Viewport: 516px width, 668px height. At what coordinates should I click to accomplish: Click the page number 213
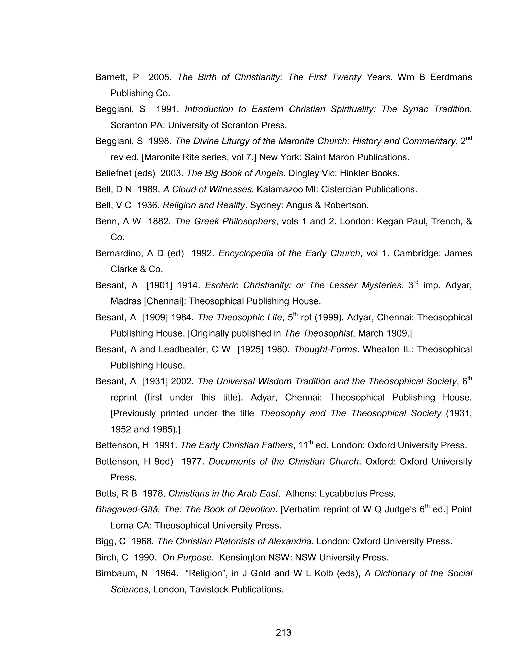point(283,632)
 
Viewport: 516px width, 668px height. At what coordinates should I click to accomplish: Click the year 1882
point(159,221)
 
